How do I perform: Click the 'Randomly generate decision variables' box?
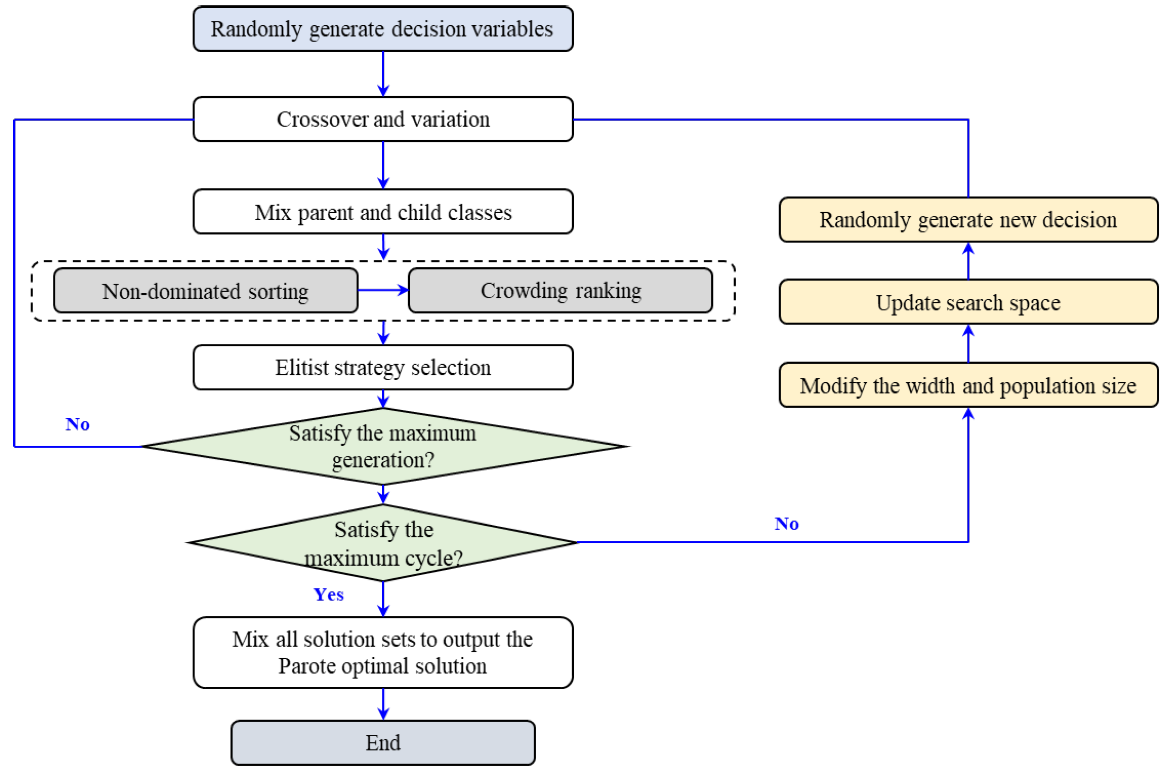point(383,29)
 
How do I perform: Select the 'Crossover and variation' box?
point(383,119)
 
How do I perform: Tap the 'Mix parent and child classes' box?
point(383,211)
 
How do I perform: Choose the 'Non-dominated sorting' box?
point(206,291)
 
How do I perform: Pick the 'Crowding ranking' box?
point(560,291)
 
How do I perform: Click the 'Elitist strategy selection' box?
point(383,368)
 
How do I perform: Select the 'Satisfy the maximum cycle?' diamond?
point(383,543)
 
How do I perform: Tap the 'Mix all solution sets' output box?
point(383,653)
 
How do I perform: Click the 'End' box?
point(383,743)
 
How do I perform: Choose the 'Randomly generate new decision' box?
point(968,220)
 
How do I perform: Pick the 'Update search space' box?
point(968,302)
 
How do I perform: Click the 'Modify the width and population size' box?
point(968,386)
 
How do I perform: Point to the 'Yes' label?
point(328,595)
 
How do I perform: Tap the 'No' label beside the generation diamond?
point(78,425)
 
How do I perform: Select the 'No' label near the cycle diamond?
point(786,524)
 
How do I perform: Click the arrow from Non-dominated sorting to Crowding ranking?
point(383,290)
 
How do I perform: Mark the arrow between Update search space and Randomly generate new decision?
point(968,261)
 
